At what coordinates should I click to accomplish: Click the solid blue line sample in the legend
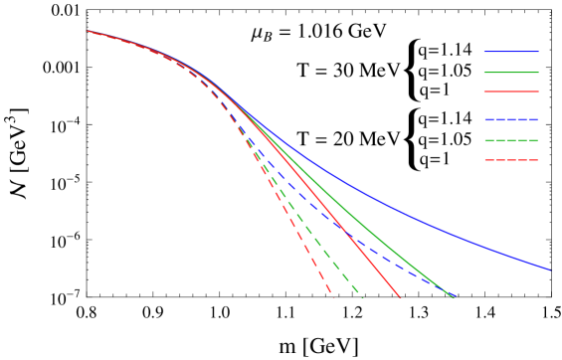click(x=510, y=52)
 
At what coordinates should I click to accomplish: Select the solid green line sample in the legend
click(x=510, y=72)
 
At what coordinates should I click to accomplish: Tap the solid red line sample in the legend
click(x=510, y=91)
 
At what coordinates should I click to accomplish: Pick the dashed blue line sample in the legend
click(x=510, y=119)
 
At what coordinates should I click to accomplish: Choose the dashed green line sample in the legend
click(x=510, y=140)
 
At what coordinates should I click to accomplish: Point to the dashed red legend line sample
click(x=510, y=159)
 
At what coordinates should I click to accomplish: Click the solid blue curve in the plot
click(x=398, y=210)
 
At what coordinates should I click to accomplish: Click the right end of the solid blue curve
click(x=550, y=270)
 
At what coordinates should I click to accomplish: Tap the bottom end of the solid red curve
click(x=400, y=296)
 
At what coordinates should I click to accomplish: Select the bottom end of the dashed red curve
click(x=332, y=295)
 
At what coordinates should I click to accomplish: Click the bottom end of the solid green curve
click(x=455, y=296)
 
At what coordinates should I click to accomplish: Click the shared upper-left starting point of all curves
click(x=88, y=31)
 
